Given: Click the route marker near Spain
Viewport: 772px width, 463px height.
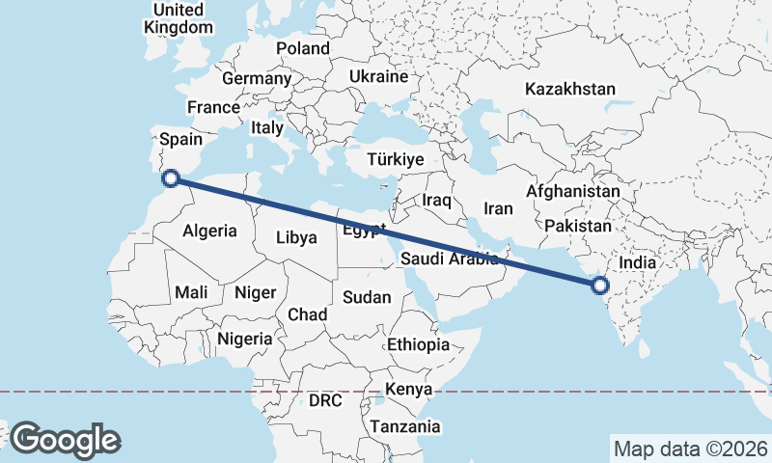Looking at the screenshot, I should point(171,177).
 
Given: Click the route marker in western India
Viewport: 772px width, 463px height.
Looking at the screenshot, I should point(600,285).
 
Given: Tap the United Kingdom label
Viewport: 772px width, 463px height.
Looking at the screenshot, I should point(178,18).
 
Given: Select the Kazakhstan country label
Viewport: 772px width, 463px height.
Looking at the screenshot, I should point(569,89).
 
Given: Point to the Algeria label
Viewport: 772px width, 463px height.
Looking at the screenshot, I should point(209,231).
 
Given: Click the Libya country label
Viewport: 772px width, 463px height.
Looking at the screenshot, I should point(296,237).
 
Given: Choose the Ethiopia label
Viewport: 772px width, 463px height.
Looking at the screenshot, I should point(418,344).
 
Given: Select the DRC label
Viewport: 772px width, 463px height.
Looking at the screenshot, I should point(326,399).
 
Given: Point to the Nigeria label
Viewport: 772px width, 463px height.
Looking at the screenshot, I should point(245,339).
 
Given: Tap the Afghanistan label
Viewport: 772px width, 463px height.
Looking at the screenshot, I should point(572,192).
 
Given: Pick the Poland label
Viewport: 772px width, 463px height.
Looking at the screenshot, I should point(302,48).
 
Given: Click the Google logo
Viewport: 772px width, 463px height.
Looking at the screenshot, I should point(66,440).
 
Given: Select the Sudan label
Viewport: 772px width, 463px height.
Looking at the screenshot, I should point(367,297).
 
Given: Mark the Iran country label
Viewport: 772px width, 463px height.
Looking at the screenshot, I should point(498,208).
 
